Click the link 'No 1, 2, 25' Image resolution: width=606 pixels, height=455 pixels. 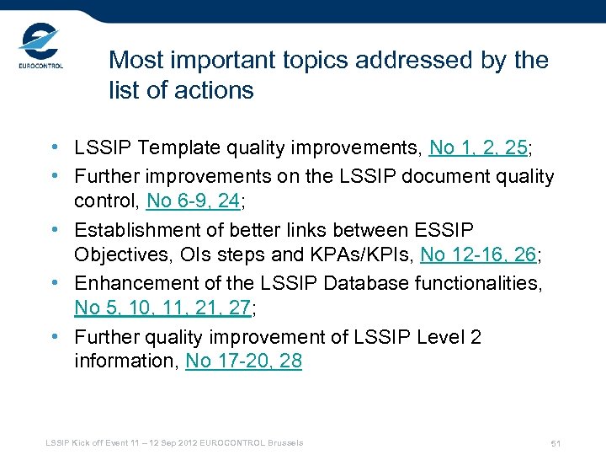click(478, 148)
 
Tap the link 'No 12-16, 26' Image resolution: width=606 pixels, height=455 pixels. click(477, 255)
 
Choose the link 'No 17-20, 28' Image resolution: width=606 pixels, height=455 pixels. click(243, 361)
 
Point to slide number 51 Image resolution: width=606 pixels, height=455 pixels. click(555, 443)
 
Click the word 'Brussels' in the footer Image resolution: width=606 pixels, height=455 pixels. click(282, 442)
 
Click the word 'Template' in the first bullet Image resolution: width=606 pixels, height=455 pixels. click(178, 148)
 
